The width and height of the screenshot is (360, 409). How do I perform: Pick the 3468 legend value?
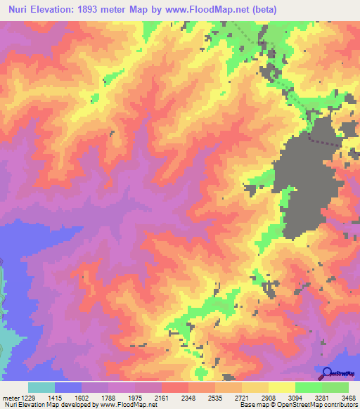[x=349, y=398]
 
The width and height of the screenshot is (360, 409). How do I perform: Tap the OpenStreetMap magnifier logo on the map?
[x=328, y=373]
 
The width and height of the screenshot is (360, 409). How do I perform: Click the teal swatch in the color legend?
[x=41, y=387]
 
